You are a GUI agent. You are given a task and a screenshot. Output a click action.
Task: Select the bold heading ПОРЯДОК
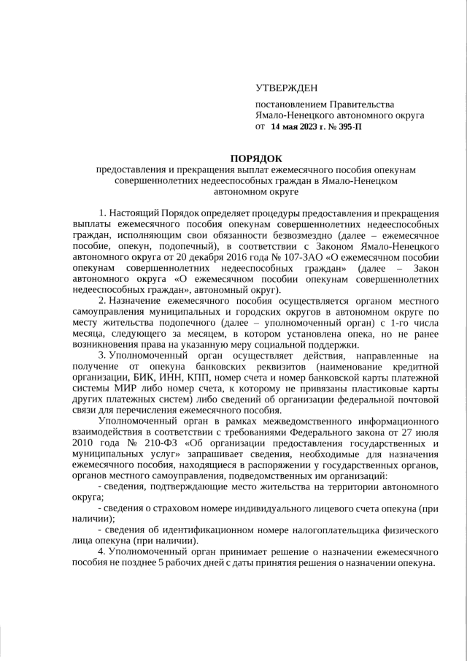pos(255,158)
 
